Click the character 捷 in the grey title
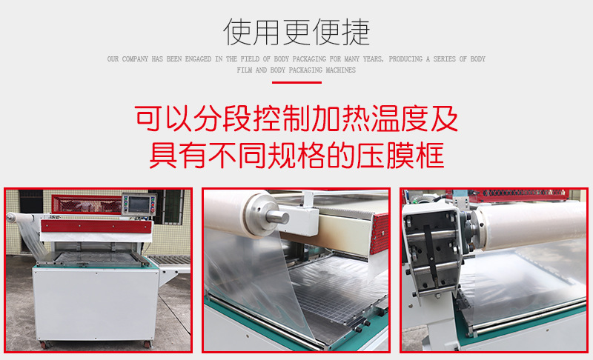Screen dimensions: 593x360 coord(356,32)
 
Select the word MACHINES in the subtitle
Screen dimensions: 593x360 coord(340,70)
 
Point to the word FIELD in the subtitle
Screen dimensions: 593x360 coord(250,59)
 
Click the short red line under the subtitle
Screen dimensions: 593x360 coord(296,82)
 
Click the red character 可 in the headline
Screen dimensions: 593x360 coord(149,119)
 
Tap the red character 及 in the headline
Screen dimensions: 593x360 coord(444,119)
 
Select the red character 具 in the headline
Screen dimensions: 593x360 coord(163,156)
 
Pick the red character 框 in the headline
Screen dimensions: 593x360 coord(430,156)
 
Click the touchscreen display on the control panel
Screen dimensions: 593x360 coord(139,204)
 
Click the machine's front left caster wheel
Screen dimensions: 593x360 coord(44,344)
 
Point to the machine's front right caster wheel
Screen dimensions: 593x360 coord(147,344)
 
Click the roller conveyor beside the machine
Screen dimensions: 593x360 coord(170,260)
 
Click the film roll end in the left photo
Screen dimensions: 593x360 coord(10,217)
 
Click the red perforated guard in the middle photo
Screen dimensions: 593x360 coord(380,233)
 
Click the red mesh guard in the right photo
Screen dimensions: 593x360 coord(519,196)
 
